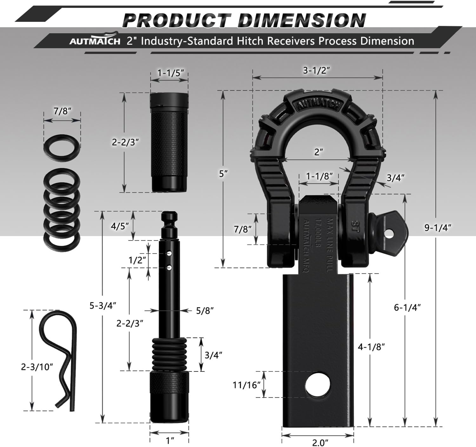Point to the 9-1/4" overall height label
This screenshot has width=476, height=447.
pyautogui.click(x=438, y=227)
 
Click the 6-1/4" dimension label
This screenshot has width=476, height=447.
pyautogui.click(x=407, y=307)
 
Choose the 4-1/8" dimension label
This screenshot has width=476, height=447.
pyautogui.click(x=371, y=347)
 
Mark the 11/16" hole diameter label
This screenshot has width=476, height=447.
pyautogui.click(x=246, y=385)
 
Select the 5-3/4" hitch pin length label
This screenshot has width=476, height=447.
pyautogui.click(x=102, y=305)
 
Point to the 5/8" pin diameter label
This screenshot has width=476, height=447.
pyautogui.click(x=205, y=311)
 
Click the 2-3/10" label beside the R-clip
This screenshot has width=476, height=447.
pyautogui.click(x=37, y=367)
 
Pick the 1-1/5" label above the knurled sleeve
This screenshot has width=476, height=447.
pyautogui.click(x=170, y=73)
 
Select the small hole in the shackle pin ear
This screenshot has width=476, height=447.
pyautogui.click(x=388, y=233)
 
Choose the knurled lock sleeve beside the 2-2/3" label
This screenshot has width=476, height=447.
pyautogui.click(x=169, y=142)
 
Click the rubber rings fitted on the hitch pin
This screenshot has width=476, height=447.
pyautogui.click(x=169, y=354)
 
